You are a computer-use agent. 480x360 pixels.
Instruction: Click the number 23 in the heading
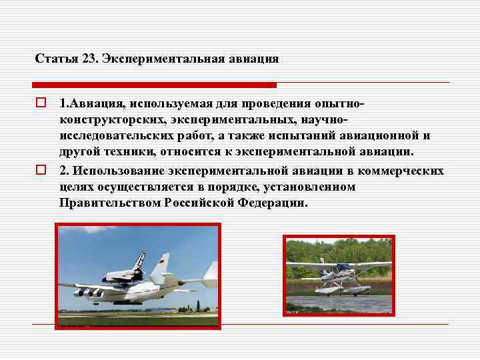[x=89, y=59]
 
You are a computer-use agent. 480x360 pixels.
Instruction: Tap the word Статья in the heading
[x=55, y=59]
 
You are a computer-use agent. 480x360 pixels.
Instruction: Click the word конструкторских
[x=110, y=121]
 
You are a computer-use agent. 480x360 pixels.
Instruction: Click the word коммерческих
[x=403, y=171]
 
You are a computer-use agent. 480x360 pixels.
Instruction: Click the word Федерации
[x=273, y=203]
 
